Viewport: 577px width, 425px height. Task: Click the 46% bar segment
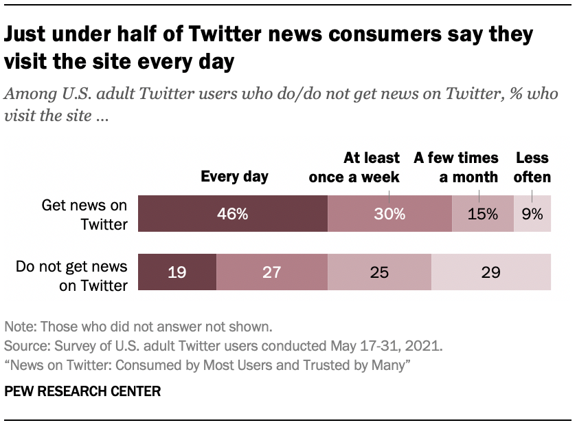tap(233, 214)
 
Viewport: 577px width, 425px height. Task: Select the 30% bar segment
tap(389, 214)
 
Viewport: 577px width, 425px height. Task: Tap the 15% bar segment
tap(483, 214)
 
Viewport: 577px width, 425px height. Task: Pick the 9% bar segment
tap(532, 214)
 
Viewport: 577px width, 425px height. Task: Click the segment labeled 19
tap(177, 272)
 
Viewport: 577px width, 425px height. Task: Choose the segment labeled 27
tap(272, 272)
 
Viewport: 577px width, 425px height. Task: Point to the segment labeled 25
tap(379, 272)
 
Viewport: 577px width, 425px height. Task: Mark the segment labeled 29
tap(490, 272)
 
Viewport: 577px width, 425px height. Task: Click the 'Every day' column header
tap(234, 177)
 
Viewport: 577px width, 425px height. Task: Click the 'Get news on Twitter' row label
tap(84, 214)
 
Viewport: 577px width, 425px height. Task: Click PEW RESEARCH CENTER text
tap(82, 391)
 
